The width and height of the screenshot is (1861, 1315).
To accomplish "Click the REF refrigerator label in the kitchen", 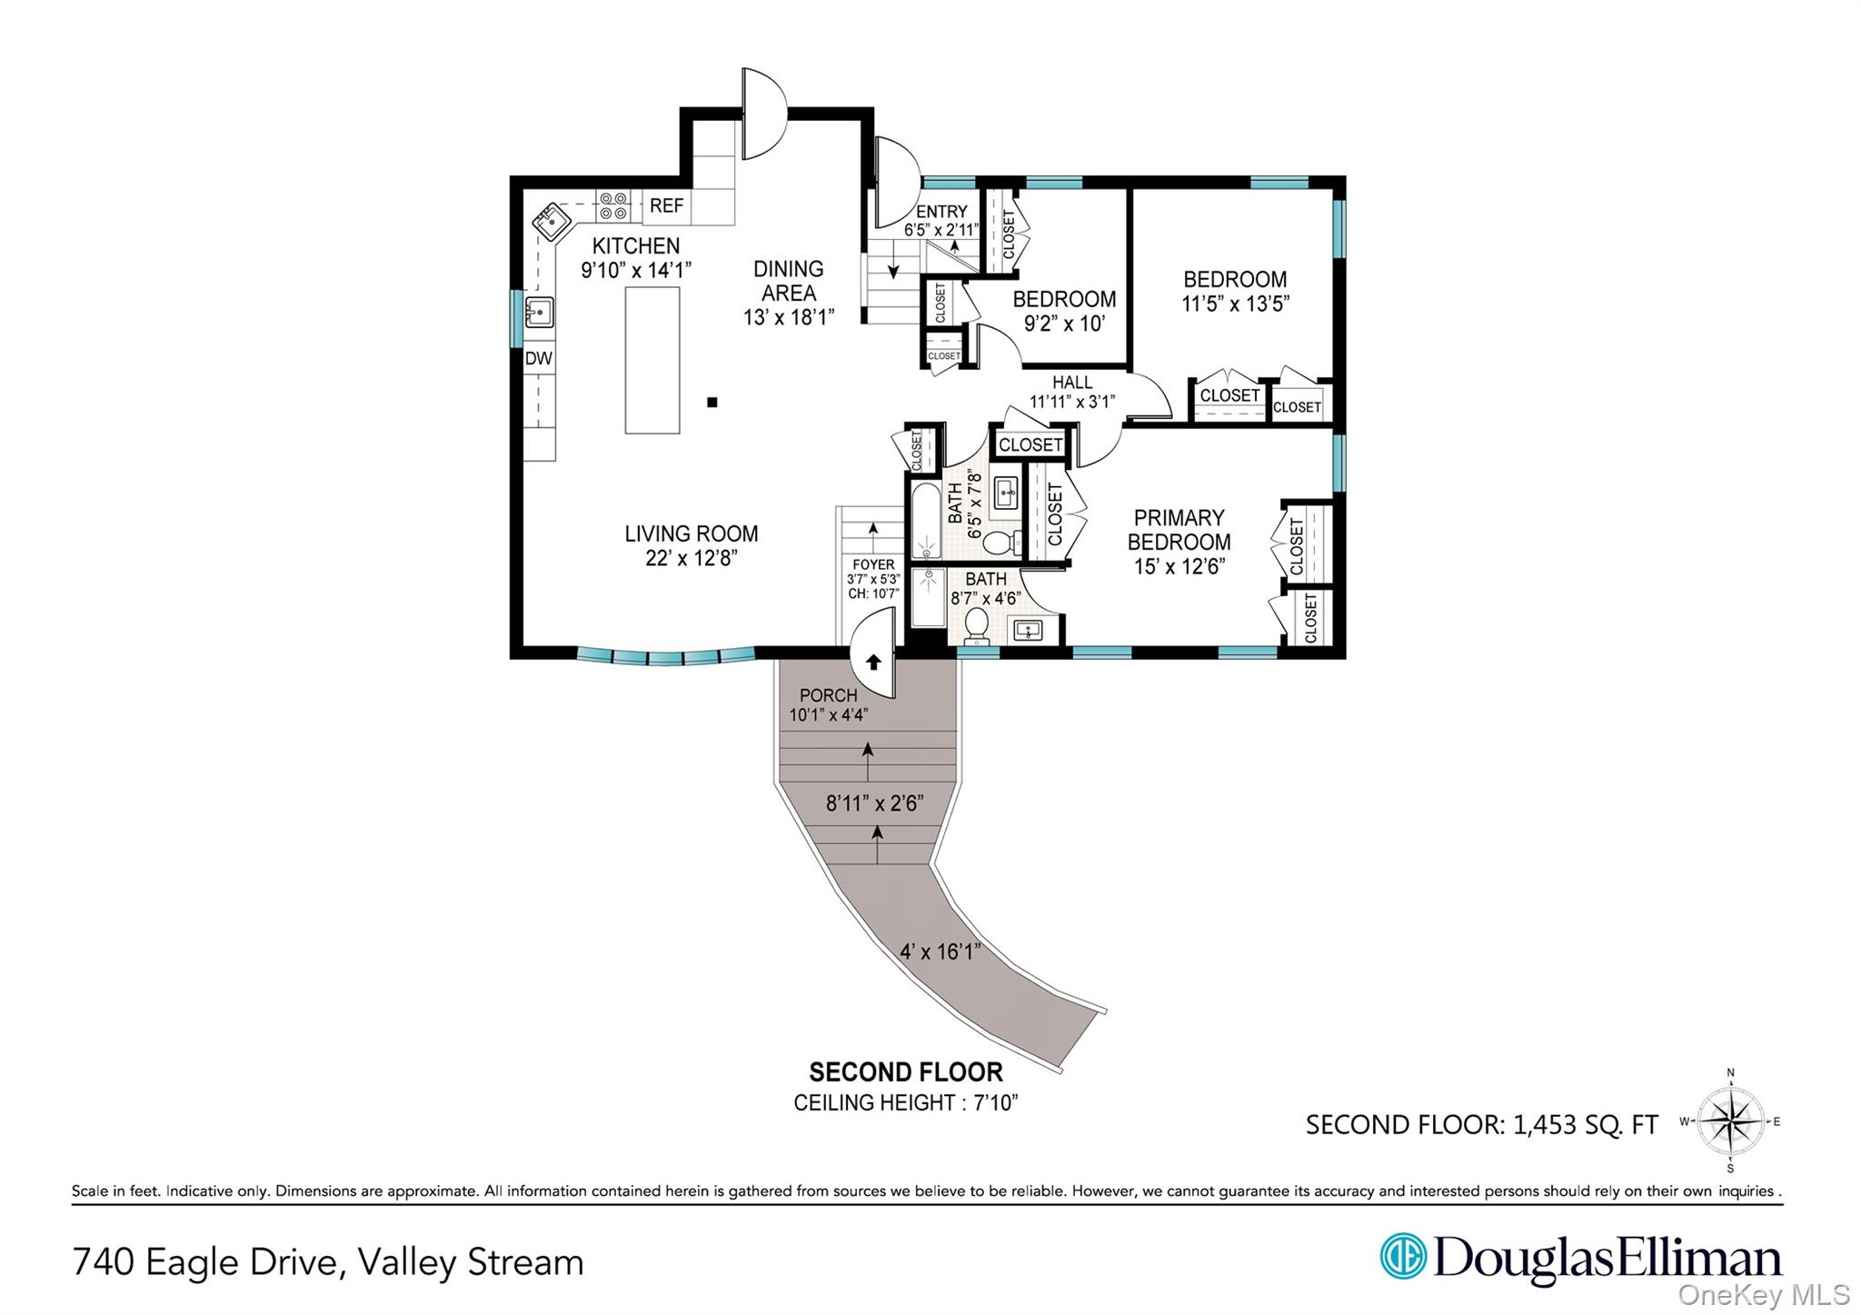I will coord(666,205).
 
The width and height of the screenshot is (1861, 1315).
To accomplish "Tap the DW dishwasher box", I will coord(538,358).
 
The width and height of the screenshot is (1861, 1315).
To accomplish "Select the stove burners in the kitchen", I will coord(613,205).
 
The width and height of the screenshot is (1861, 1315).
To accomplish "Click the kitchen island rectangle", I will coord(652,360).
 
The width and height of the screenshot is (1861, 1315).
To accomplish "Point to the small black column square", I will coord(712,402).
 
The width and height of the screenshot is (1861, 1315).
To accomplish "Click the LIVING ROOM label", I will coord(691,534).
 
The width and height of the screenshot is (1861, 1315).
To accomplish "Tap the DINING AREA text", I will coord(788,281).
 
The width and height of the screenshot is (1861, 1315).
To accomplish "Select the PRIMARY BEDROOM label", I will coord(1179,530).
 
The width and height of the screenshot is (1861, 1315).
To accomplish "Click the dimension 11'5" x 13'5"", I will coord(1235,304).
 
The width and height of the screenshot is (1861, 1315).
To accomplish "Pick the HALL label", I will coord(1072,383).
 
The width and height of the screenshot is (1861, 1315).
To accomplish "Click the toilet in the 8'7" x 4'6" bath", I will coord(976,624).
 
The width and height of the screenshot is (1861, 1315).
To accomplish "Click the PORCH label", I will coord(828,696).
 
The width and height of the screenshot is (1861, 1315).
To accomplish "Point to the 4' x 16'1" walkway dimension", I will coord(940,951).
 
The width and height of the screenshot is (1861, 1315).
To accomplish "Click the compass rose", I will coord(1730,1121).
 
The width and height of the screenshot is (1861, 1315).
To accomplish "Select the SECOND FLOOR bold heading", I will coord(906,1072).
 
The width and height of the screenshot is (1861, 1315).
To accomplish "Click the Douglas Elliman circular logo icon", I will coord(1402,1256).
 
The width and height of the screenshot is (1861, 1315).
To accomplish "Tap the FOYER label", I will coord(873,564).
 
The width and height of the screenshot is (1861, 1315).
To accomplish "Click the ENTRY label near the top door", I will coord(941,212).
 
